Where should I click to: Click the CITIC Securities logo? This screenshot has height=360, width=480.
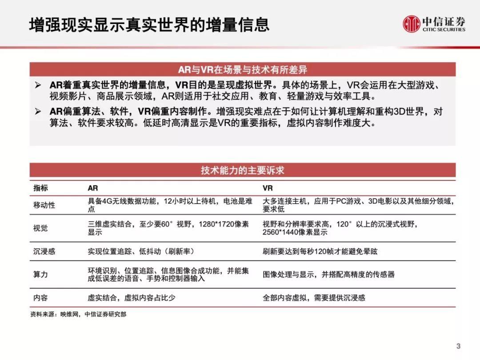tap(434, 24)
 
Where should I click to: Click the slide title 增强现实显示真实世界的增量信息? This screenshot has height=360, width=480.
tap(149, 24)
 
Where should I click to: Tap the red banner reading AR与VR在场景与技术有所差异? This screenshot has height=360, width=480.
tap(242, 70)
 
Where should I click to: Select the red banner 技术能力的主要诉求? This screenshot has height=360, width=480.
tap(242, 170)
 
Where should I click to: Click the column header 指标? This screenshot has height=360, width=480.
tap(40, 188)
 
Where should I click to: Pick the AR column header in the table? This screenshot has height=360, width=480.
tap(92, 188)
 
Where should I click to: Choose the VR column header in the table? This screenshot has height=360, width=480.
tap(268, 188)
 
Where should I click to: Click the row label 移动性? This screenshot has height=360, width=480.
tap(44, 205)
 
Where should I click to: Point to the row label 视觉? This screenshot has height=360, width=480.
tap(40, 228)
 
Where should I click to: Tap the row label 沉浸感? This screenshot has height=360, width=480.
tap(44, 251)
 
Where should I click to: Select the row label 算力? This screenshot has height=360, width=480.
tap(40, 274)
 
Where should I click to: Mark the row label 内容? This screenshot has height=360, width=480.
tap(40, 297)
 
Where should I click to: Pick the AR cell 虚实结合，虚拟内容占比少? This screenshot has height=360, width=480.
tap(131, 297)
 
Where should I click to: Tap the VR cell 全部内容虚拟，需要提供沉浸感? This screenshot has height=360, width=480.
tap(314, 297)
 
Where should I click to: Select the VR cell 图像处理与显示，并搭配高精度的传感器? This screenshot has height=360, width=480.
tap(328, 274)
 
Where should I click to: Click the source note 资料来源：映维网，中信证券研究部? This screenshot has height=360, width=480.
tap(78, 314)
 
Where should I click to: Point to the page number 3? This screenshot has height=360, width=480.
tap(459, 346)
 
